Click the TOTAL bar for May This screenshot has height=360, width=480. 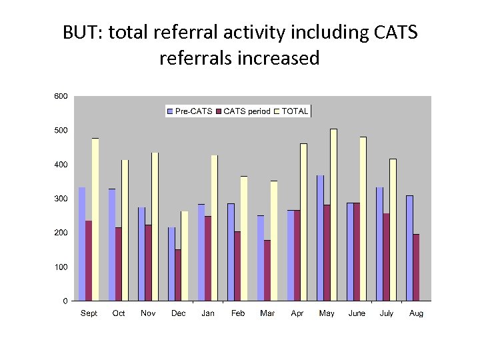[333, 215]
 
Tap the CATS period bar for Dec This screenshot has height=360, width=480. [178, 275]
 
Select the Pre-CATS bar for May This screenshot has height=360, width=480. [320, 238]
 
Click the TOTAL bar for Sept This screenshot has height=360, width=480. [95, 219]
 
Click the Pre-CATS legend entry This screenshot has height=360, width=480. [190, 111]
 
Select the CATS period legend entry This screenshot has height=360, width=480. [243, 111]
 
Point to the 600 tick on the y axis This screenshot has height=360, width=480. [60, 96]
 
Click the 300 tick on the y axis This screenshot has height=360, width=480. [60, 199]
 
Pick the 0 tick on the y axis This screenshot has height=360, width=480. [65, 301]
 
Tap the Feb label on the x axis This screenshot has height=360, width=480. [238, 313]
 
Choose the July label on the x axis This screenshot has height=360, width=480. [387, 313]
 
